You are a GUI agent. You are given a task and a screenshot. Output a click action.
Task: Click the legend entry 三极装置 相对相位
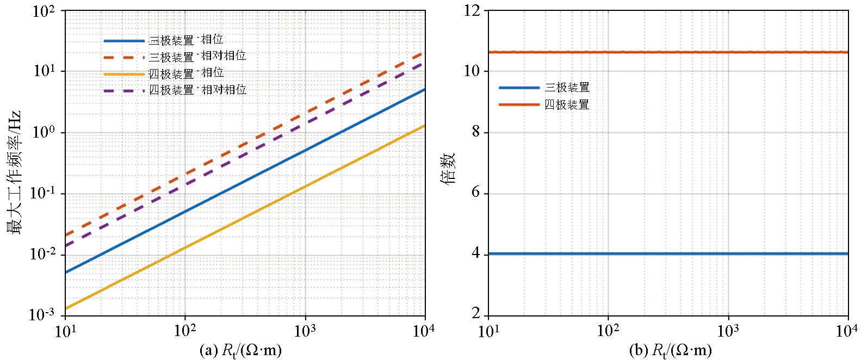point(197,57)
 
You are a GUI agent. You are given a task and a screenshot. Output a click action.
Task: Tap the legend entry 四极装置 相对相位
point(197,90)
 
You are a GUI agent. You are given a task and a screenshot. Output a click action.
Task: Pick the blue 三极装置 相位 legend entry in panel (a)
point(185,40)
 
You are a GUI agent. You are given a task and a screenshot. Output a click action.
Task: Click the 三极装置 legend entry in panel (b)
point(567,88)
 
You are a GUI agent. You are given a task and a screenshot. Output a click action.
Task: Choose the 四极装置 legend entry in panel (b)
point(567,104)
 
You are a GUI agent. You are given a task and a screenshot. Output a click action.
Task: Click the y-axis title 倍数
point(448,169)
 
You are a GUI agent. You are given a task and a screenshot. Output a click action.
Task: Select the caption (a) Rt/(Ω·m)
point(241,350)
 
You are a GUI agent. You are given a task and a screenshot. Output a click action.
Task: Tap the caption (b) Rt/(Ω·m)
point(670,350)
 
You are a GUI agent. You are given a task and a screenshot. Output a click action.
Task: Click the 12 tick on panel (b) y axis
point(473,11)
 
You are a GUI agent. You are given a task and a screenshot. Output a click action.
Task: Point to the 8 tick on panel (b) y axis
point(476,132)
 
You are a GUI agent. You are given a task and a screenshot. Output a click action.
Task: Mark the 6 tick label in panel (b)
point(476,193)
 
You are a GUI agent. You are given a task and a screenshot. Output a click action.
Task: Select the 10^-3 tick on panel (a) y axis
point(42,314)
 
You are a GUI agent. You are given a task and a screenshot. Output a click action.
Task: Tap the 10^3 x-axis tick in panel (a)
point(305,331)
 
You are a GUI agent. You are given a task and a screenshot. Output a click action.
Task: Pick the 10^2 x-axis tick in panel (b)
point(608,331)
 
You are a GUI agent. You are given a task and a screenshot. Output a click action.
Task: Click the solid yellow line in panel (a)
point(245,218)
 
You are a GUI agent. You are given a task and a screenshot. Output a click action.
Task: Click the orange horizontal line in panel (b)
point(669,52)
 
